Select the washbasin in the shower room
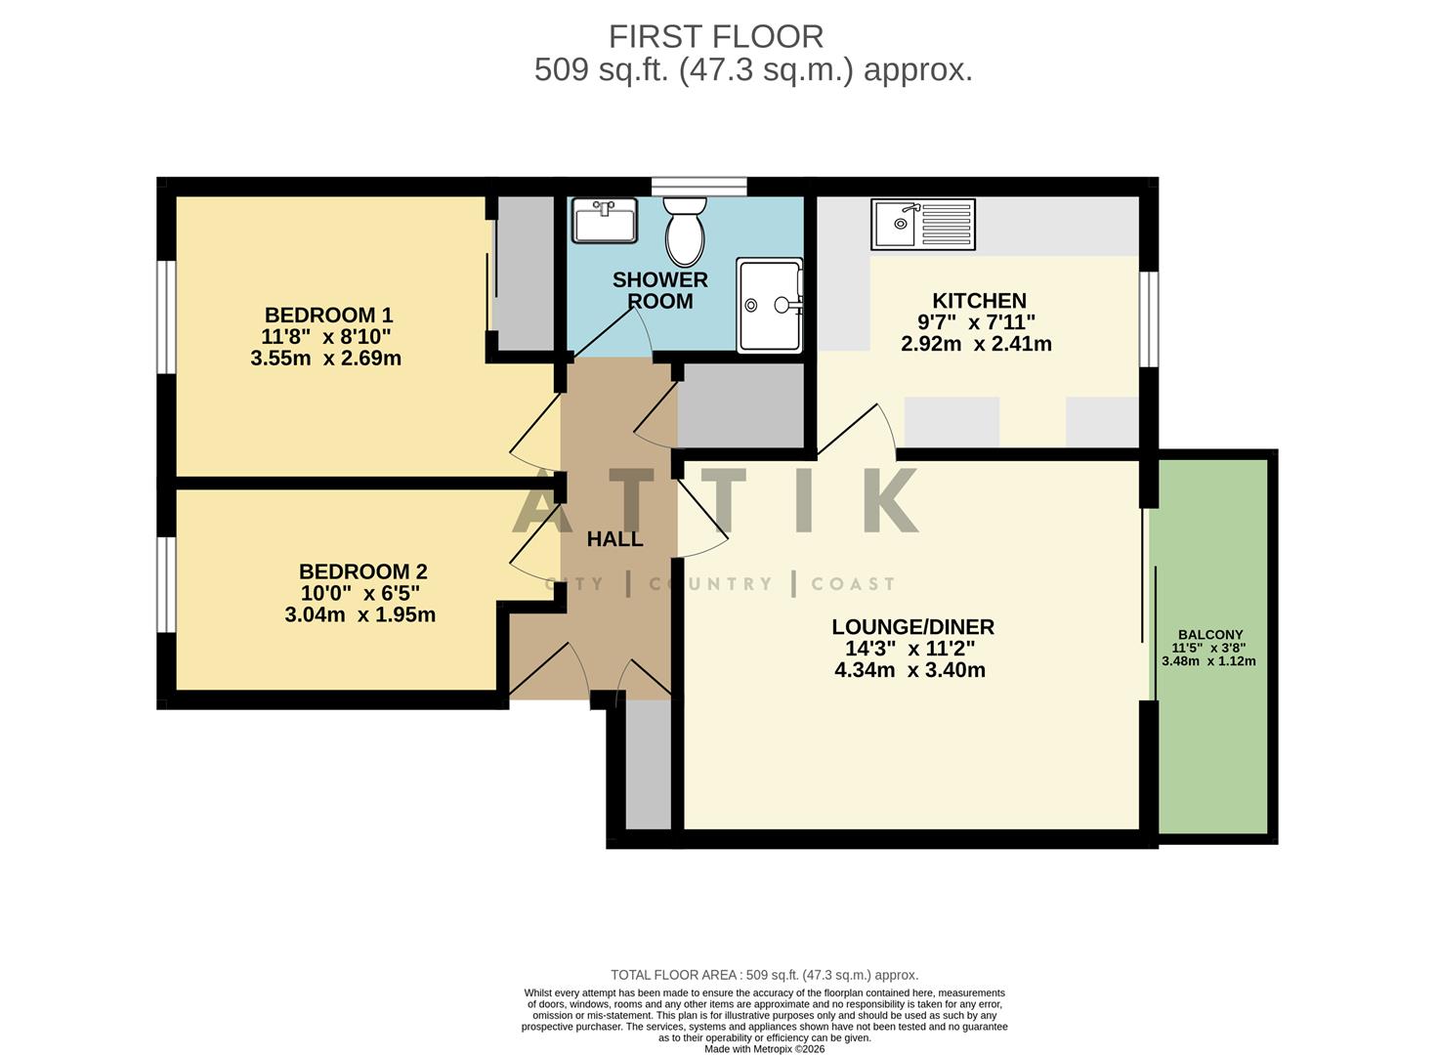604,220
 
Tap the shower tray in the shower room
770,305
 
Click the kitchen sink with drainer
923,224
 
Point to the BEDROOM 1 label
328,315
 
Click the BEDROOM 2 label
362,571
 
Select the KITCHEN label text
979,301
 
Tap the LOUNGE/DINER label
912,627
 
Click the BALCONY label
1210,634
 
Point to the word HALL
614,539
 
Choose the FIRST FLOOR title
716,36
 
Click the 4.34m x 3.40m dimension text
909,670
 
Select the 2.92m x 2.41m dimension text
976,344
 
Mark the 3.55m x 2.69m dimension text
325,358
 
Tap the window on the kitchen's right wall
1150,319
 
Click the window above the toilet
698,186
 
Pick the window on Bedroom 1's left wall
166,316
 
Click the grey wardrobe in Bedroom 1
526,273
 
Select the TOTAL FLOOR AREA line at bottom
764,975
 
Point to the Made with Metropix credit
764,1049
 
